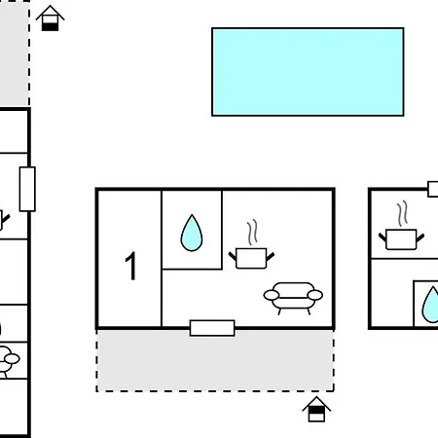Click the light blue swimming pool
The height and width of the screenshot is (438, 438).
point(308,72)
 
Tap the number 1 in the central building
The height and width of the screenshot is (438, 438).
point(130,266)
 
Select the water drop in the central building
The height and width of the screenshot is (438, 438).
point(192,233)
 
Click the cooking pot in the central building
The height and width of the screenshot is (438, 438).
point(251,258)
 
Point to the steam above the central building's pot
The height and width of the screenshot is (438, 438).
point(252,233)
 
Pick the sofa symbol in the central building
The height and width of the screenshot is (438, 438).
point(293,298)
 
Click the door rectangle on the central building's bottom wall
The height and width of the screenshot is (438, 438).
point(212,328)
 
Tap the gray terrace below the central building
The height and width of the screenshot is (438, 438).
point(215,360)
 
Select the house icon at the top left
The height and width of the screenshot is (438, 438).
point(50,18)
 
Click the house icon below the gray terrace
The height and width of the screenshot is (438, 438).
point(316,409)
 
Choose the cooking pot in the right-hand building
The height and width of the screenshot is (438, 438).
point(401,239)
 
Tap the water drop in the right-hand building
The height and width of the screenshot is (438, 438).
point(430,305)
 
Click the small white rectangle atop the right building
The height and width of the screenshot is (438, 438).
point(433,189)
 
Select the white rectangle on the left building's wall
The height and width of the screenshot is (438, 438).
point(27,189)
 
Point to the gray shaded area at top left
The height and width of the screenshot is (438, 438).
point(15,53)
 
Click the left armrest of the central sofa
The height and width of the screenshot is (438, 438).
point(272,295)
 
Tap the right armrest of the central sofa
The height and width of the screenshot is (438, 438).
point(315,295)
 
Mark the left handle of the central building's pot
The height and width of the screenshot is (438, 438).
point(233,256)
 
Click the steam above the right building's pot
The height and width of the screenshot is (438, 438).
point(402,213)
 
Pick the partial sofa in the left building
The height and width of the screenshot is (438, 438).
point(8,361)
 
